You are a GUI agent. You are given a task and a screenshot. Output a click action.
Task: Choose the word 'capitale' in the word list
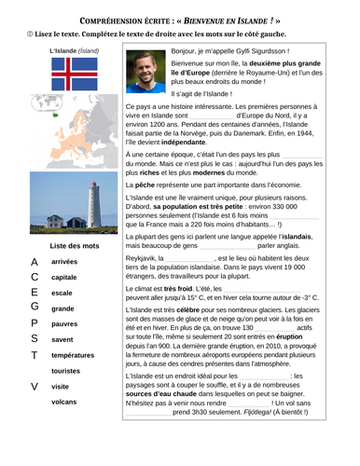click(x=64, y=277)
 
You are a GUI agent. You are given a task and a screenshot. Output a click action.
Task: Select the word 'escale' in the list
click(x=62, y=293)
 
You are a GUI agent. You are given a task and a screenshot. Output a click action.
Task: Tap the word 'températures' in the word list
click(x=72, y=355)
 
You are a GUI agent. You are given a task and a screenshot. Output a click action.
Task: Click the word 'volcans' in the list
click(x=64, y=402)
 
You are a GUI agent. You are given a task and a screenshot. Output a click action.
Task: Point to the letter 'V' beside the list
click(x=35, y=386)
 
